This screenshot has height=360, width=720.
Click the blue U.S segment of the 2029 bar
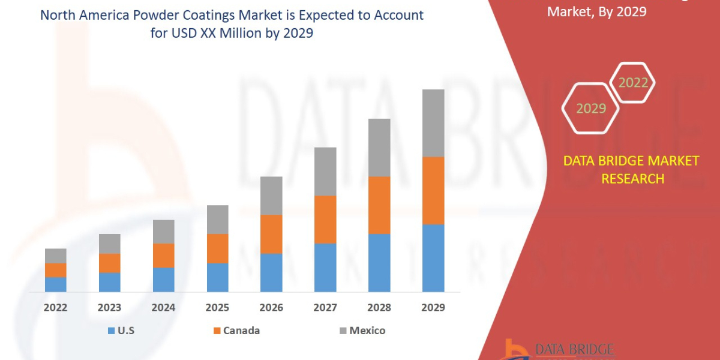(x=433, y=258)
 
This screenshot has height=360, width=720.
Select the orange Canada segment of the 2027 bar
(x=325, y=219)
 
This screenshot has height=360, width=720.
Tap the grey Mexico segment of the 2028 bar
(x=379, y=148)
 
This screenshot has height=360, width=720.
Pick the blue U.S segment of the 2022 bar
(x=56, y=284)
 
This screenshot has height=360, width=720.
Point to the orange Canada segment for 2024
(x=164, y=256)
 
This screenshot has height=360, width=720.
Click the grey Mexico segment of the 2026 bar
(x=271, y=196)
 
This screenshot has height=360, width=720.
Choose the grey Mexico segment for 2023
(x=110, y=244)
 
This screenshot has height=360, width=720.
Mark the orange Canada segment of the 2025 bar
(x=218, y=248)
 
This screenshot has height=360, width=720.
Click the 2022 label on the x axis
(x=56, y=308)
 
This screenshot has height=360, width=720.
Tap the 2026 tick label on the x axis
(x=271, y=308)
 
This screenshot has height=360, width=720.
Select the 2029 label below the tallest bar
(x=433, y=308)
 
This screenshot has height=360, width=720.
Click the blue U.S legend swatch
(x=111, y=331)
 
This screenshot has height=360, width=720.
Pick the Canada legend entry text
(x=241, y=331)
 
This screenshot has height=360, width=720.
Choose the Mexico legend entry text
(x=367, y=331)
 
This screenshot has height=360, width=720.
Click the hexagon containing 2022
(x=633, y=83)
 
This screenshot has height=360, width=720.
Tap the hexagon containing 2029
(x=591, y=109)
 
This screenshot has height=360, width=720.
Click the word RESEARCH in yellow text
(x=632, y=178)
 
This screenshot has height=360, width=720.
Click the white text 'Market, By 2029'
(x=596, y=11)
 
